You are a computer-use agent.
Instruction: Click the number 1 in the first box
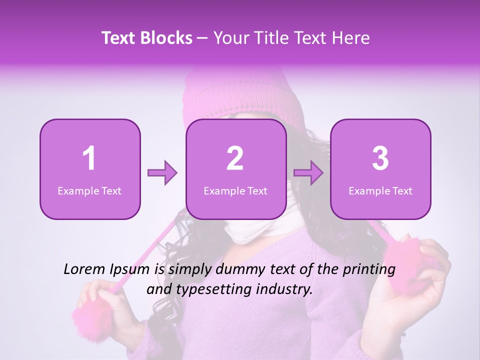point(89,158)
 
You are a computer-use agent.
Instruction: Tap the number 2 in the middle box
point(235,158)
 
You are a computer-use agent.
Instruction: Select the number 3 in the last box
point(380,158)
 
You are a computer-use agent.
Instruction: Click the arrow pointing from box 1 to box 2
point(162,173)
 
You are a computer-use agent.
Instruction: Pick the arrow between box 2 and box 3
point(308,173)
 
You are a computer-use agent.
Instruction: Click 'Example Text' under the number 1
point(89,190)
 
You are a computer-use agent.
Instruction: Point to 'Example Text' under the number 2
point(235,190)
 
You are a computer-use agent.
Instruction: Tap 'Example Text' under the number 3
point(380,190)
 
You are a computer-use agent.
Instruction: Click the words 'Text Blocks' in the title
point(147,38)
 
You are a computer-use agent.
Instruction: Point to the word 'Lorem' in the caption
point(82,269)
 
